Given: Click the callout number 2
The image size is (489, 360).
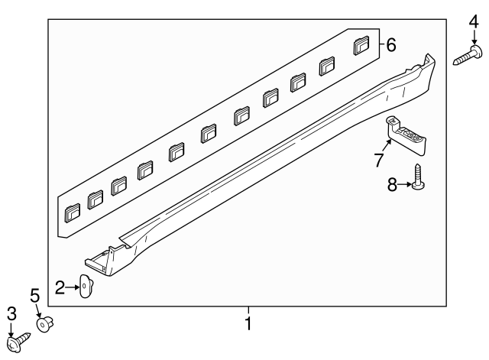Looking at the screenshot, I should tap(60, 287).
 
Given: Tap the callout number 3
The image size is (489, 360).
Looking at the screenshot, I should tap(11, 313).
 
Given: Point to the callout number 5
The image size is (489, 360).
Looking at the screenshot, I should tap(34, 294).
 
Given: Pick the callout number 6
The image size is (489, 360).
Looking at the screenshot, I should tap(390, 46).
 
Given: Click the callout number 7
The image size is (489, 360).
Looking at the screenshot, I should tap(377, 161).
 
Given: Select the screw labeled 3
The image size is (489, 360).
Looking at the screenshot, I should tap(19, 336).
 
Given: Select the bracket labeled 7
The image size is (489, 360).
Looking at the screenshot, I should tap(407, 134).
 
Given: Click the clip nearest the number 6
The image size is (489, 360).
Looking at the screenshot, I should tap(362, 46).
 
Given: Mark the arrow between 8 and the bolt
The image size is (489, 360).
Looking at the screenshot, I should tap(406, 184).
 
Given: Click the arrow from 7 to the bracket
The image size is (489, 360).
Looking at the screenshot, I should tap(385, 148).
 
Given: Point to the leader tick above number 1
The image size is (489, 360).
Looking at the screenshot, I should tap(247, 310).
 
